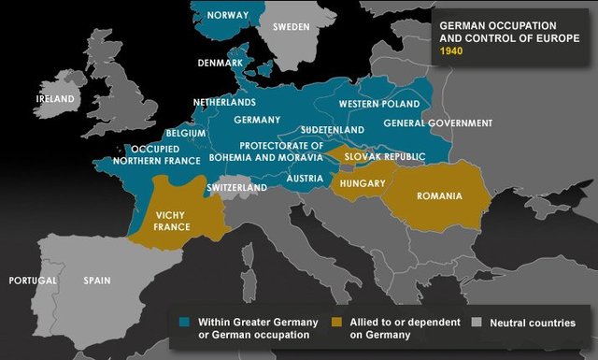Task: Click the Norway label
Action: (228, 15)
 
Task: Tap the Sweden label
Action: (291, 27)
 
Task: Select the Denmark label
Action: (221, 64)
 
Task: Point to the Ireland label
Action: (54, 98)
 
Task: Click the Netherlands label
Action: (224, 102)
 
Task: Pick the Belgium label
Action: (185, 134)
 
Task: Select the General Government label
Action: (437, 123)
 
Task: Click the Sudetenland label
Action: (333, 130)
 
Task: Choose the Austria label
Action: (306, 179)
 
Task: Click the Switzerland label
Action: (236, 188)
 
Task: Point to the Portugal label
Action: (33, 281)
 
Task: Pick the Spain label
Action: (96, 281)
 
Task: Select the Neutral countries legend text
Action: (533, 324)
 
